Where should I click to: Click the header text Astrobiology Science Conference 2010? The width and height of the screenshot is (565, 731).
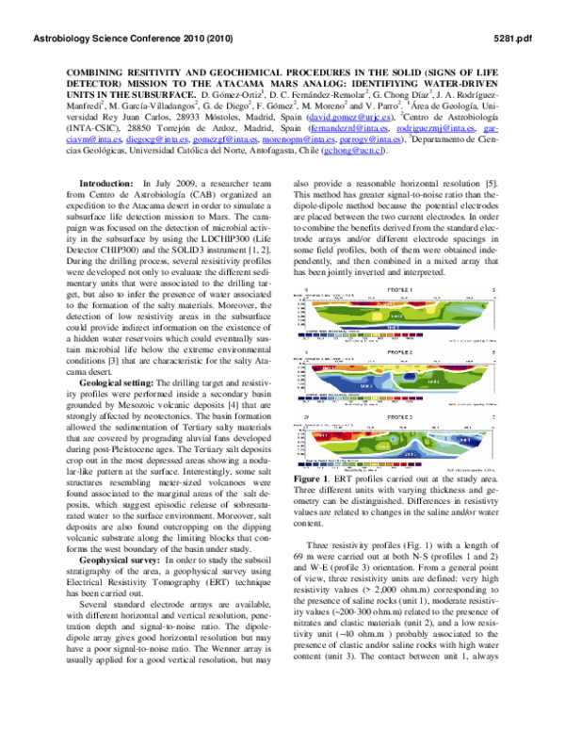click(133, 39)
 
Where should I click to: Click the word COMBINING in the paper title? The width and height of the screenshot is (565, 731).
click(100, 71)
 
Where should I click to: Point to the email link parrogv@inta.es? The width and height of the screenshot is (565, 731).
click(368, 138)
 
